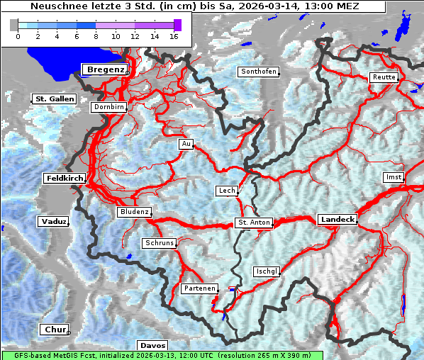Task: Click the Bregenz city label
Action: tap(106, 69)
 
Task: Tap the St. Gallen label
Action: tap(54, 99)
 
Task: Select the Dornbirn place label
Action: tap(109, 107)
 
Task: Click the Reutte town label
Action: tap(384, 77)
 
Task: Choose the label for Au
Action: tap(186, 144)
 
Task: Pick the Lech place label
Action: tap(226, 191)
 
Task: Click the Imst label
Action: tap(392, 176)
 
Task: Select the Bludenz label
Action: tap(133, 212)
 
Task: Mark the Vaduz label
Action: tap(53, 222)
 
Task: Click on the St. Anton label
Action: tap(253, 223)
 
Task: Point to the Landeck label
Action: tap(337, 220)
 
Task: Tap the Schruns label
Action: tap(159, 243)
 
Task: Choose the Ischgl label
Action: tap(267, 271)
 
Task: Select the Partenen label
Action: tap(199, 288)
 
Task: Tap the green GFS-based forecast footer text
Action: tap(162, 355)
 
